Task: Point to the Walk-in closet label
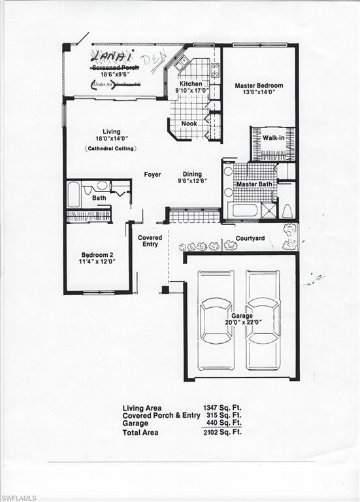tap(273, 138)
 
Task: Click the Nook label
tap(189, 123)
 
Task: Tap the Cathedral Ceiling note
tap(110, 149)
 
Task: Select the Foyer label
tap(153, 175)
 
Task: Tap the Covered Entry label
tap(150, 241)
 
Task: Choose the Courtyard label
tap(249, 239)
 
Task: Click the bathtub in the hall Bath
tap(74, 195)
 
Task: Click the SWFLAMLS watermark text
tap(18, 497)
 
